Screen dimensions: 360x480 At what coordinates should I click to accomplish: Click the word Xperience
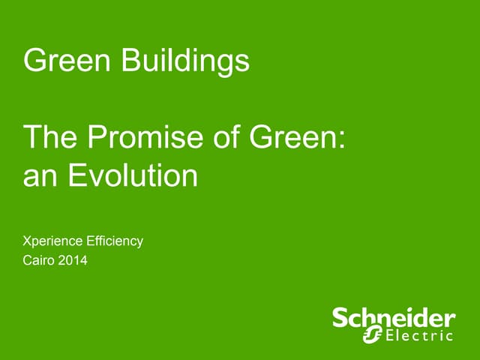point(54,241)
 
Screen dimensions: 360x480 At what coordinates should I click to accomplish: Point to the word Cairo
point(39,261)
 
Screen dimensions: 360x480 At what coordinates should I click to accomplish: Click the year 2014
point(75,261)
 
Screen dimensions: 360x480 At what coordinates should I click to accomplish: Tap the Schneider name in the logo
point(394,318)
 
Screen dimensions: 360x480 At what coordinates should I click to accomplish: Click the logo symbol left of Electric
point(372,334)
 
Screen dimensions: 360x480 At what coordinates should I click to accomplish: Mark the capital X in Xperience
point(28,241)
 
